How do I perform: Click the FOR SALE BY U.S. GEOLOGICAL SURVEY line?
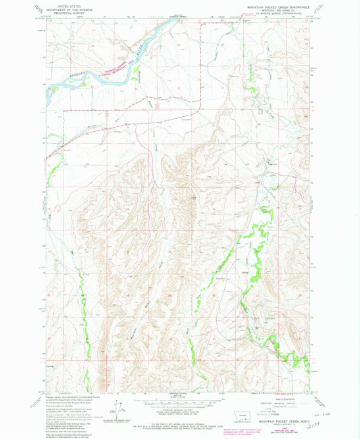pyautogui.click(x=179, y=419)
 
